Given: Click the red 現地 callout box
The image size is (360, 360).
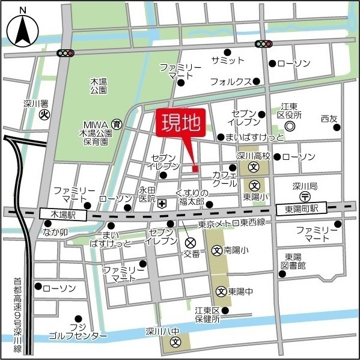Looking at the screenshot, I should pyautogui.click(x=181, y=123).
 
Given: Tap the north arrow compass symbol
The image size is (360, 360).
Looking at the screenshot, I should pyautogui.click(x=22, y=29).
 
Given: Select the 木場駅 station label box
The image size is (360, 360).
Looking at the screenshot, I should pyautogui.click(x=63, y=214).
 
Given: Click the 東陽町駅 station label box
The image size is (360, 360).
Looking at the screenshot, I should pyautogui.click(x=301, y=208).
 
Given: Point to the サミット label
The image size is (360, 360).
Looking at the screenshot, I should pyautogui.click(x=228, y=61).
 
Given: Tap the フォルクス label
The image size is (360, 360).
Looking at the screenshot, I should pyautogui.click(x=230, y=81).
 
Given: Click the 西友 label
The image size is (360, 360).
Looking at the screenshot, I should pyautogui.click(x=329, y=118).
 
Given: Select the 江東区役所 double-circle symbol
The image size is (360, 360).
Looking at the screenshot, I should pyautogui.click(x=290, y=126).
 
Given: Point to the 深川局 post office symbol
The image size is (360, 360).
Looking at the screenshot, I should pyautogui.click(x=305, y=196).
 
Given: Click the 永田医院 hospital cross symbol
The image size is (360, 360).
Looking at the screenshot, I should pyautogui.click(x=162, y=204).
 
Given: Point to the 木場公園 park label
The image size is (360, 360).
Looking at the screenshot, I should pyautogui.click(x=98, y=85).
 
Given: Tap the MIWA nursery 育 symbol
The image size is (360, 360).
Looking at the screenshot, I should pyautogui.click(x=117, y=124).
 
